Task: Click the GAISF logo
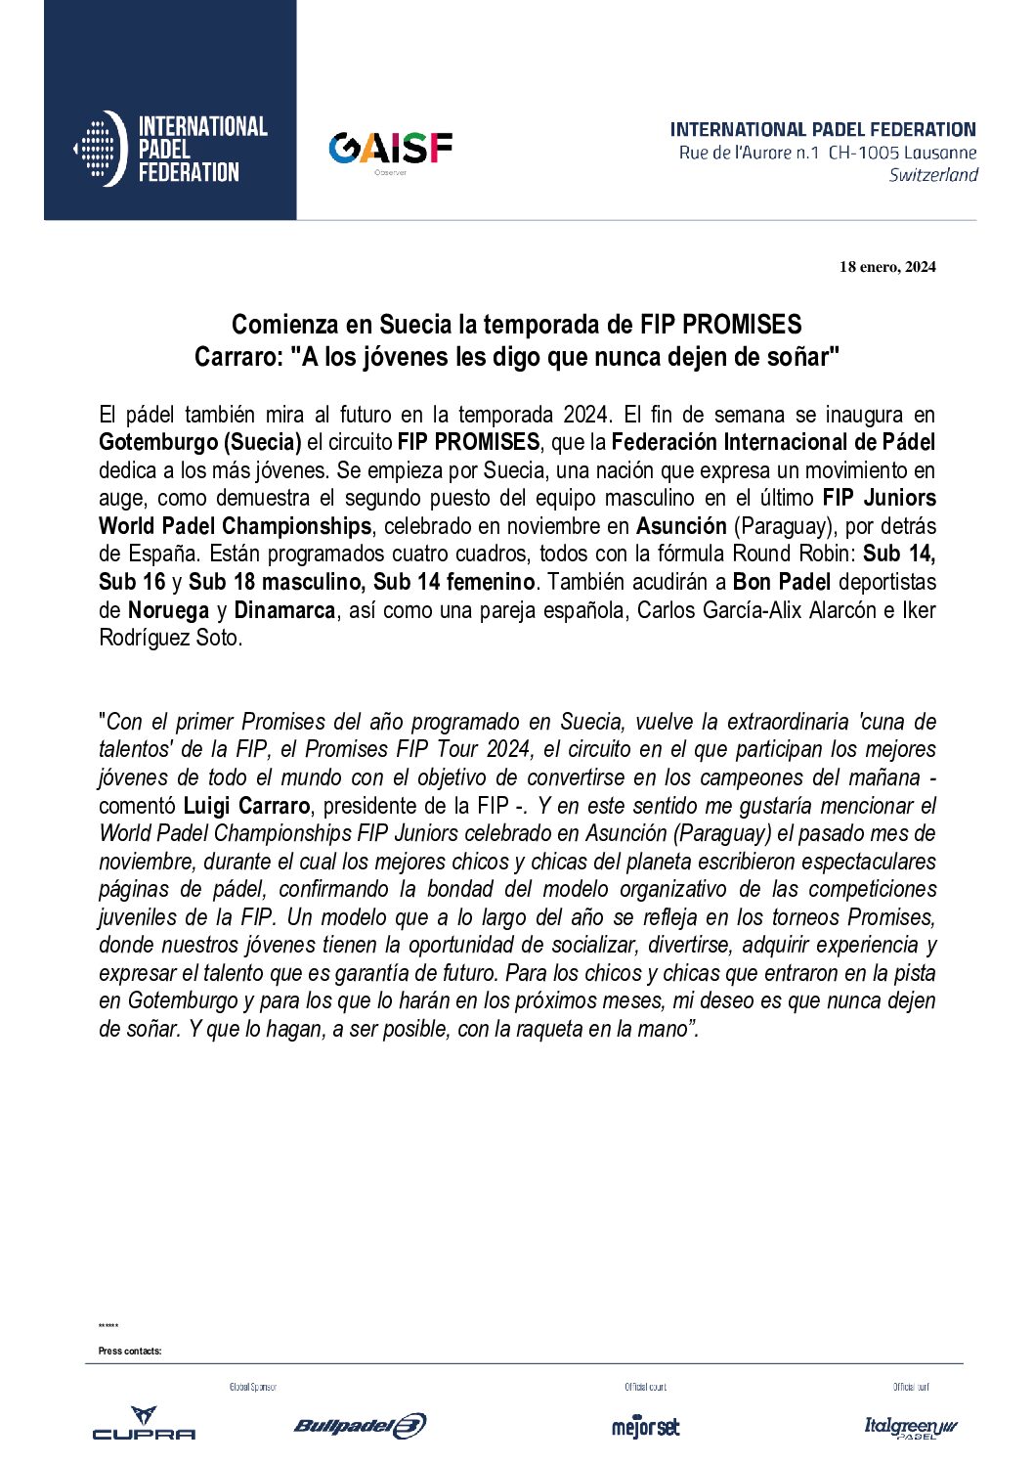390,149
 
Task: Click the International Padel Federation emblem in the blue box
101,149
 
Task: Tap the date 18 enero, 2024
886,267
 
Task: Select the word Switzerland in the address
933,175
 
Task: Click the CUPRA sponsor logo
144,1424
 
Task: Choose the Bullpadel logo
360,1426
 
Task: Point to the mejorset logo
645,1426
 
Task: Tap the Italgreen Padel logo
910,1427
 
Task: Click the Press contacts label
130,1352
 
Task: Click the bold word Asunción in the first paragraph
681,526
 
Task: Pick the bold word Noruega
168,610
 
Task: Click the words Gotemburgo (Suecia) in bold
199,442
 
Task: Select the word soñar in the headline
800,357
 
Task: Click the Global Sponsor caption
252,1387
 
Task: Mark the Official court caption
645,1387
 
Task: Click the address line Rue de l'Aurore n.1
749,153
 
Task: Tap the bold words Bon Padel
781,582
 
